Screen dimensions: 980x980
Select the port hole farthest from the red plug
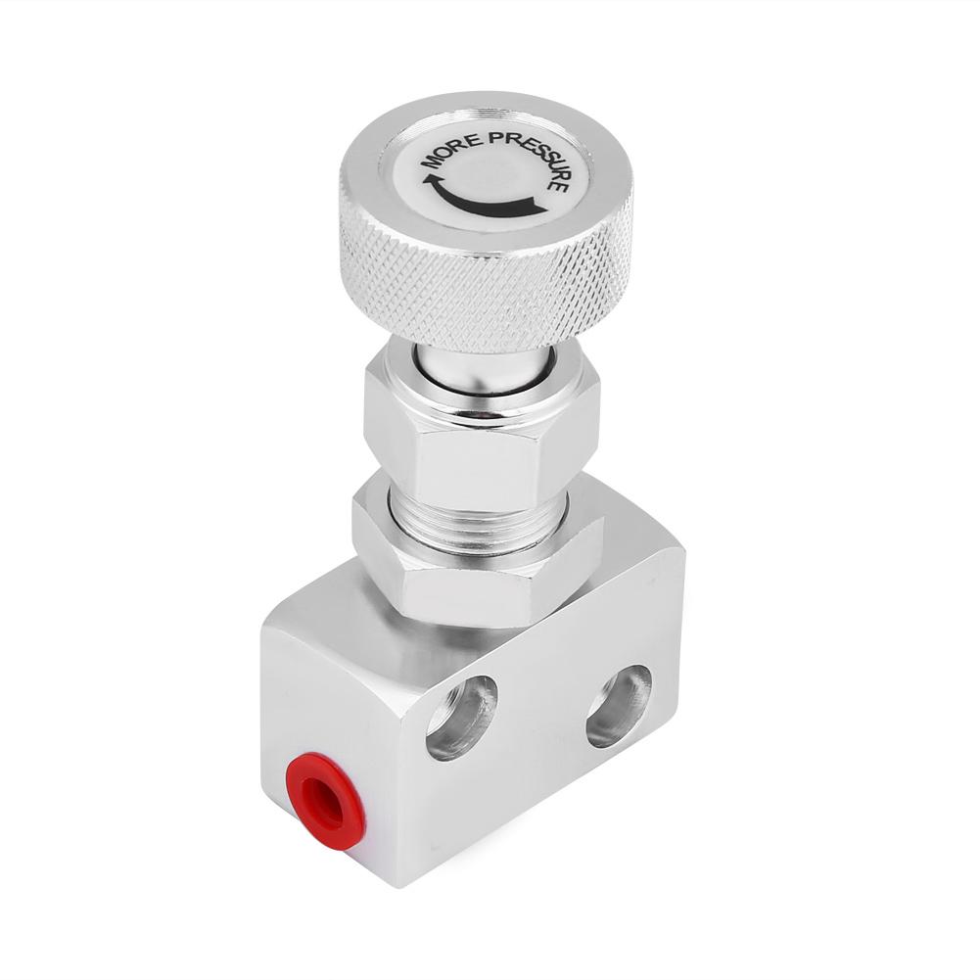619,705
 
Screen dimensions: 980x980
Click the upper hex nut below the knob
480,431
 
